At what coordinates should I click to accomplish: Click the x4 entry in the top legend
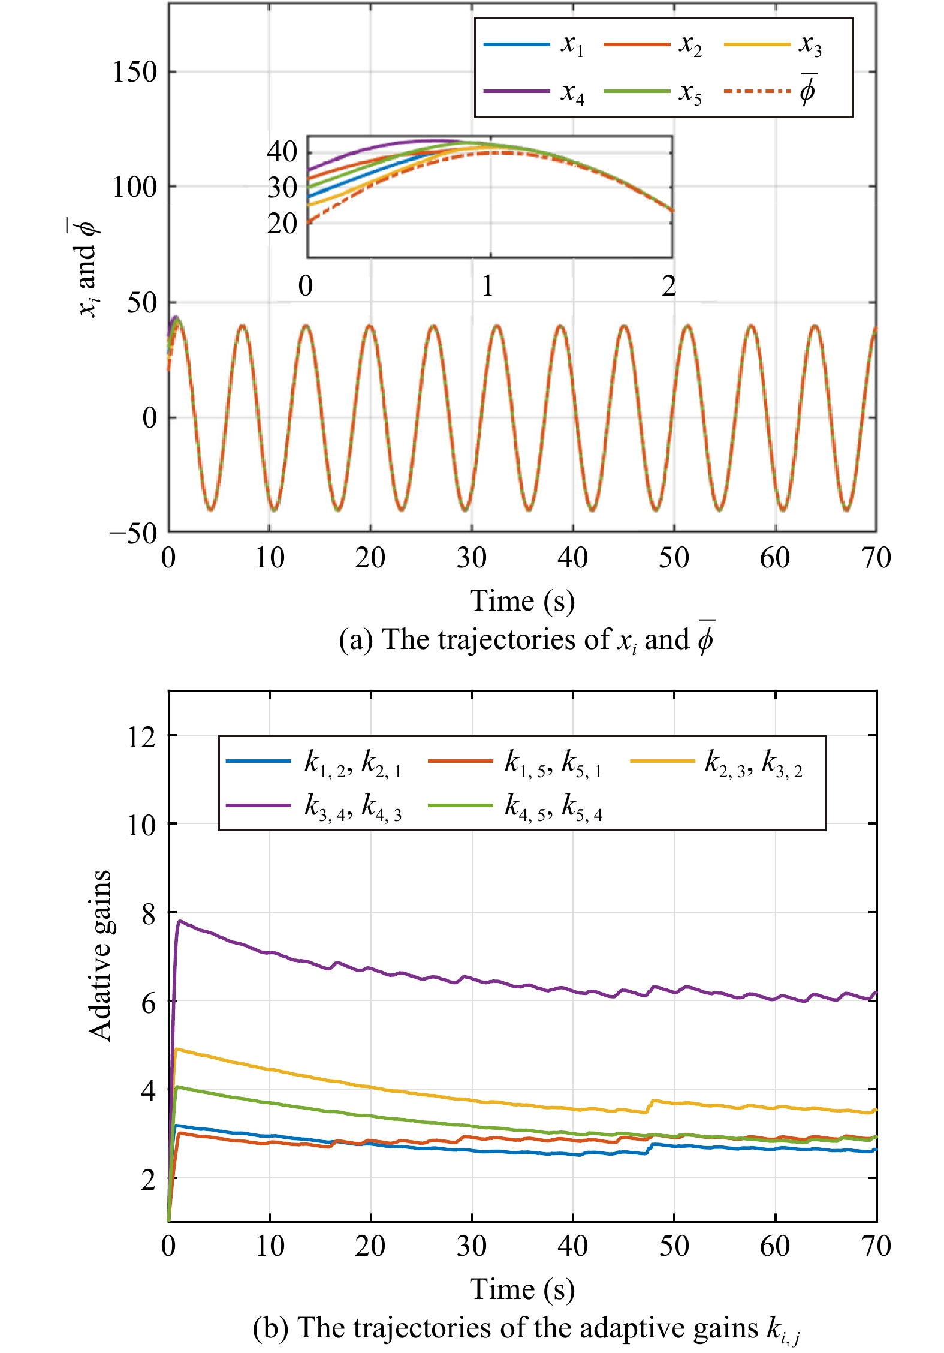click(534, 92)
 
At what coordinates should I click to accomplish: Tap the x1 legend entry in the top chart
click(534, 44)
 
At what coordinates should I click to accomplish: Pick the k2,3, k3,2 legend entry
click(717, 762)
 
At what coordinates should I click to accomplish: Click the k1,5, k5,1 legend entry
click(515, 762)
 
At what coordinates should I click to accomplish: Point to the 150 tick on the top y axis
click(135, 72)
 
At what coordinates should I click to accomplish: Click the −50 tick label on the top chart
click(133, 533)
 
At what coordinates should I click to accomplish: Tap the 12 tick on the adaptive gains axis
click(142, 736)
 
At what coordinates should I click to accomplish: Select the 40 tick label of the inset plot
click(282, 152)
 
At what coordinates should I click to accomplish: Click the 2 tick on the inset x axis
click(669, 286)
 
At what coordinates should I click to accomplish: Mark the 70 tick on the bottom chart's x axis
click(876, 1246)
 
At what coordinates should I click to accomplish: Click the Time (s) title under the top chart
click(522, 602)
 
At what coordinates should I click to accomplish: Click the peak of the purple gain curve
click(179, 921)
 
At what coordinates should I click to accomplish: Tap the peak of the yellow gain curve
click(177, 1049)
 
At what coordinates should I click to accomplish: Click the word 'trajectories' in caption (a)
click(509, 639)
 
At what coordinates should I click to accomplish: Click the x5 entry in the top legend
click(653, 92)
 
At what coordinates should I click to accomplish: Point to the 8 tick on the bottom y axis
click(148, 913)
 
